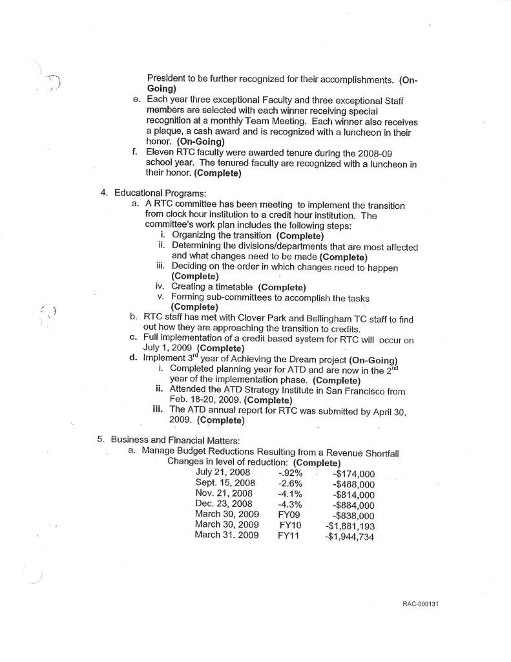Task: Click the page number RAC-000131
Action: (x=421, y=604)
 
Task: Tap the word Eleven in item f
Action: (x=162, y=153)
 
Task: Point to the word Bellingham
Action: (x=313, y=319)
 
